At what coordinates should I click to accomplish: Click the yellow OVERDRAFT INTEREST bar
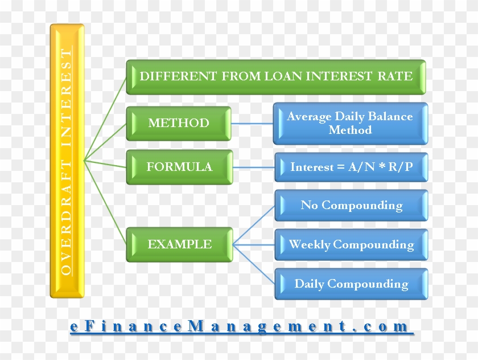tap(67, 161)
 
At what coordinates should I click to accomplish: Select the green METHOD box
tap(179, 124)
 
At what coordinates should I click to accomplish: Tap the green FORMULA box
tap(180, 167)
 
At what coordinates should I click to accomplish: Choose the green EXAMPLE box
tap(180, 244)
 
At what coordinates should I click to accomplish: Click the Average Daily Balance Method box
tap(351, 124)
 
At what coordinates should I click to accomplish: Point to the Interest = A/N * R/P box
tap(352, 167)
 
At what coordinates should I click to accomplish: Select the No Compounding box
tap(352, 205)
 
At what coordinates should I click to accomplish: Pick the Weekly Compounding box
tap(352, 245)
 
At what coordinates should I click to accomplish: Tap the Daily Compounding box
tap(352, 284)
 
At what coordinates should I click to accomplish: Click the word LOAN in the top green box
tap(283, 76)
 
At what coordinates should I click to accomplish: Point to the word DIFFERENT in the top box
tap(178, 76)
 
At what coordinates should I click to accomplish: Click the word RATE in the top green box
tap(395, 76)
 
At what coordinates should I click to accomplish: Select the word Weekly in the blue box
tap(310, 245)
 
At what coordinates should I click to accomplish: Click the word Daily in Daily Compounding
tap(310, 284)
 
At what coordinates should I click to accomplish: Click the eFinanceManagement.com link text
tap(240, 326)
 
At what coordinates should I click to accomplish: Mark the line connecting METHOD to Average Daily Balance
tap(253, 124)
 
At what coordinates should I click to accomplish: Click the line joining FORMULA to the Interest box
tap(254, 167)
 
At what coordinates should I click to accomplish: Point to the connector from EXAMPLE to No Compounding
tap(254, 226)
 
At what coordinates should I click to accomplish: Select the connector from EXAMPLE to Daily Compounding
tap(254, 264)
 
